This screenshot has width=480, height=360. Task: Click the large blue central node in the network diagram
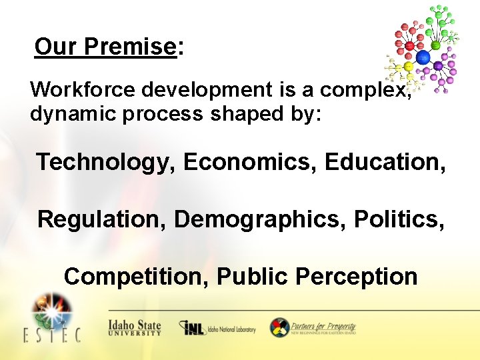(x=423, y=57)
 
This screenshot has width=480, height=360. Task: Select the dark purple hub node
(x=438, y=66)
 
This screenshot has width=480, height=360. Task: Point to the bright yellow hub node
(x=408, y=67)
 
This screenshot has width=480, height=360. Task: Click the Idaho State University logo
(x=135, y=328)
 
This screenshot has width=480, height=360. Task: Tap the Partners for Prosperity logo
(x=313, y=328)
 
